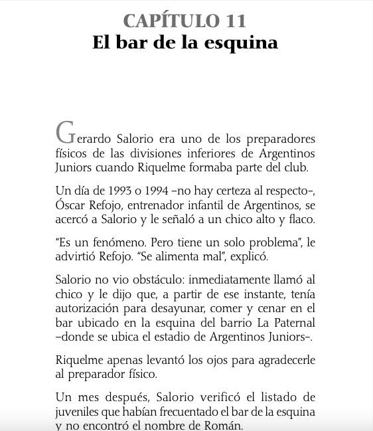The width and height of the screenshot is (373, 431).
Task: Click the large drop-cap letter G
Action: point(65,133)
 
